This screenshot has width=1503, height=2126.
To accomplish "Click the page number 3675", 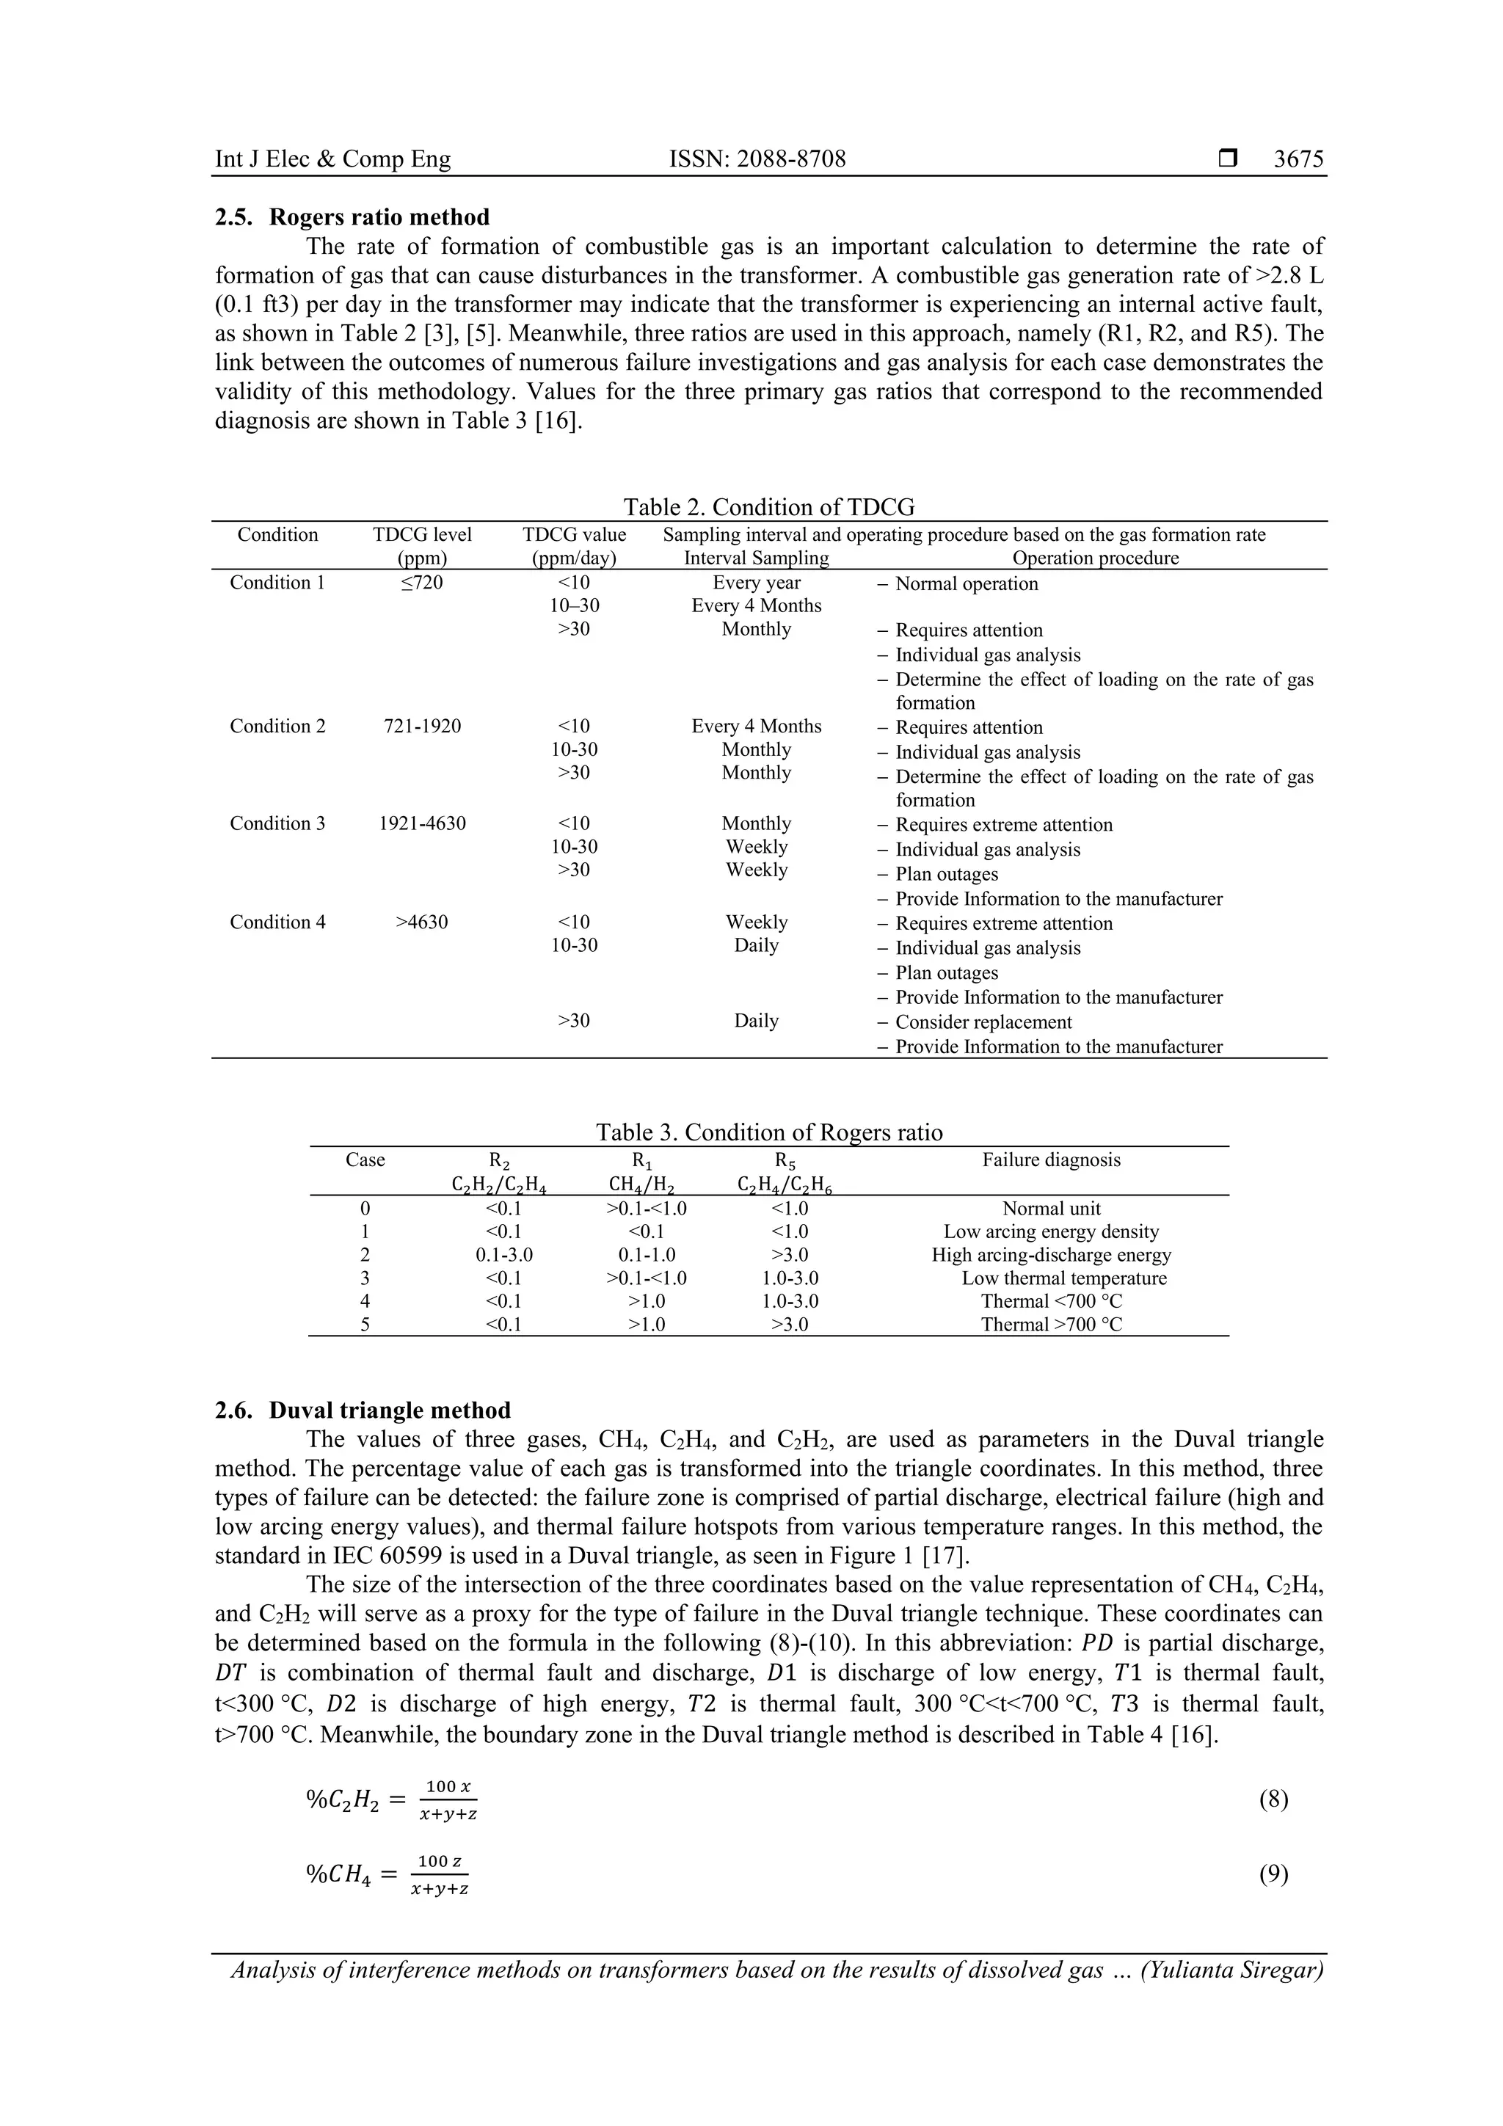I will pyautogui.click(x=1298, y=159).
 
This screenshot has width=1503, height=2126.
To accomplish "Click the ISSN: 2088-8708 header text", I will pyautogui.click(x=757, y=159).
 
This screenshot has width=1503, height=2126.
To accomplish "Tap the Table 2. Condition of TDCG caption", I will pyautogui.click(x=768, y=506).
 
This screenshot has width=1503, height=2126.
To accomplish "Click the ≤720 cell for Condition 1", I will pyautogui.click(x=421, y=583).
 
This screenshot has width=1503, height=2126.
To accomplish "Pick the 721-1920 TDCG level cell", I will pyautogui.click(x=421, y=726).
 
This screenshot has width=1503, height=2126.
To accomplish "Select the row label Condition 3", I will pyautogui.click(x=278, y=823).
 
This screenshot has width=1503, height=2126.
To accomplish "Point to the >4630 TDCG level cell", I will pyautogui.click(x=421, y=922).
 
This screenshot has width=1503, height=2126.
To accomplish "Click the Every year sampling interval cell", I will pyautogui.click(x=756, y=583).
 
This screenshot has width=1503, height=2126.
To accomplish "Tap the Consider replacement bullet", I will pyautogui.click(x=983, y=1022).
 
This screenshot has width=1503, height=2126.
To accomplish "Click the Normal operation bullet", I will pyautogui.click(x=966, y=584).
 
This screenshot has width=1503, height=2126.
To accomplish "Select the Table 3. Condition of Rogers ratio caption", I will pyautogui.click(x=768, y=1132).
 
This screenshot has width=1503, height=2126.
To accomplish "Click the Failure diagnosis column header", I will pyautogui.click(x=1051, y=1160).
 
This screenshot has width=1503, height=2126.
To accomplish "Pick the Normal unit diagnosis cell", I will pyautogui.click(x=1051, y=1209).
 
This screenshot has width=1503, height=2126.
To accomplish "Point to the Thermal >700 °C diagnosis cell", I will pyautogui.click(x=1051, y=1324).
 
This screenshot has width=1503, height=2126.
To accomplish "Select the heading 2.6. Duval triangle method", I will pyautogui.click(x=362, y=1410).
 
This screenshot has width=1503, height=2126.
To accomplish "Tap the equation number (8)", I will pyautogui.click(x=1273, y=1800).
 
